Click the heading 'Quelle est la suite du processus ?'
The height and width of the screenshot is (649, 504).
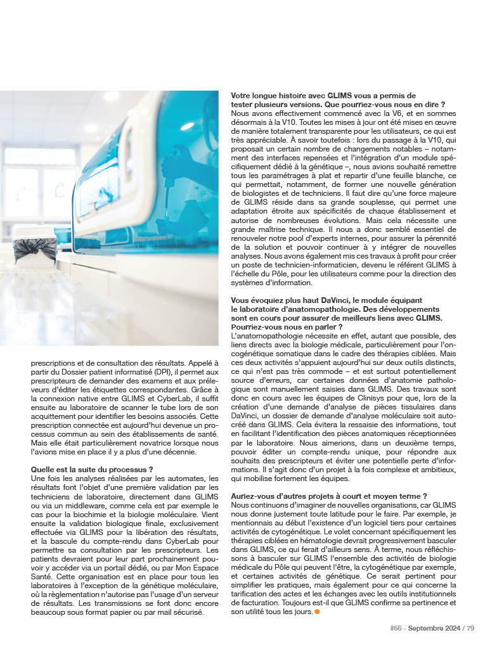(91, 470)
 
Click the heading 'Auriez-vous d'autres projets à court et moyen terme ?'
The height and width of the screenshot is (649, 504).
(329, 496)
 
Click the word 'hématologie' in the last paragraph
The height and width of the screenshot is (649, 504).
(335, 536)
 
